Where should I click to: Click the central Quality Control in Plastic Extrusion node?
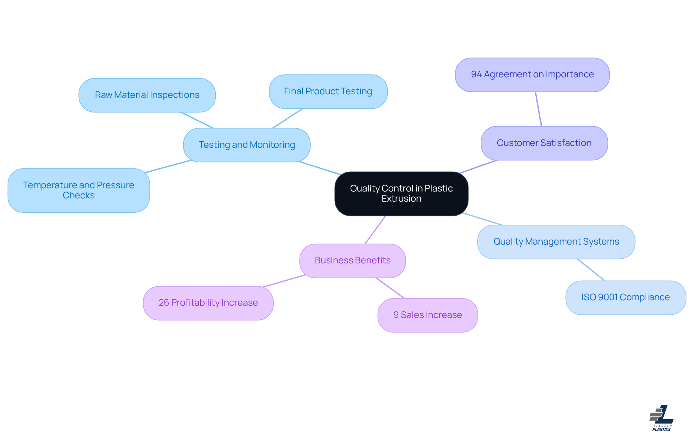click(x=401, y=194)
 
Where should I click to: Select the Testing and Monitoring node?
click(x=247, y=145)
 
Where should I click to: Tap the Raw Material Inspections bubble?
click(x=147, y=95)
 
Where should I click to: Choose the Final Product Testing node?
click(x=328, y=91)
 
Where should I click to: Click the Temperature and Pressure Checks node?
click(x=78, y=190)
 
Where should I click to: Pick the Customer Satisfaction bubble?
click(x=544, y=143)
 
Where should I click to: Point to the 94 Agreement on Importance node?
click(x=532, y=75)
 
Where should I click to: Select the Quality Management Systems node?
click(x=556, y=242)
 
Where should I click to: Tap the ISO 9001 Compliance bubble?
click(x=625, y=297)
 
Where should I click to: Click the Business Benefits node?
click(x=352, y=261)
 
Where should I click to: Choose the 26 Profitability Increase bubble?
click(x=208, y=303)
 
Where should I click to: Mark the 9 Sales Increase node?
click(x=428, y=315)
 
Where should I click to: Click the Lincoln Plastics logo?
click(x=661, y=418)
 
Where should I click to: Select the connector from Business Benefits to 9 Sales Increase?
click(x=390, y=288)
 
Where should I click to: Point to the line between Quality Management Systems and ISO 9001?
click(x=591, y=270)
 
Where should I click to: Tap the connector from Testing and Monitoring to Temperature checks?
click(x=168, y=166)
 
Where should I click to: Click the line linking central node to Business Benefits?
click(x=375, y=230)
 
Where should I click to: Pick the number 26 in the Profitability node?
click(x=164, y=303)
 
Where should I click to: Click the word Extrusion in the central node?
click(x=401, y=199)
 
